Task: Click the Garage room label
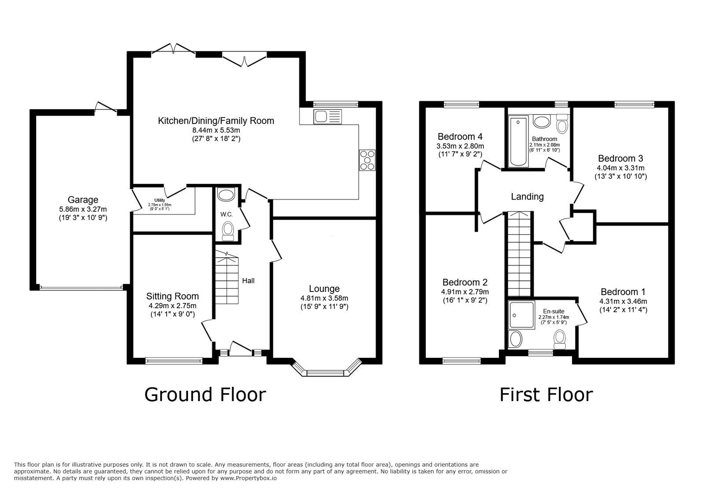click(83, 200)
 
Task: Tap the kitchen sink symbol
click(327, 117)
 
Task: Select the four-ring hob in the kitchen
click(367, 160)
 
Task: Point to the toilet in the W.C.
click(227, 232)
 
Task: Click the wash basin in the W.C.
click(226, 194)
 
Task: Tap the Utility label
click(160, 200)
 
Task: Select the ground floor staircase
click(227, 277)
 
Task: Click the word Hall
click(248, 281)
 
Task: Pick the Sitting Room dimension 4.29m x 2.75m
click(172, 306)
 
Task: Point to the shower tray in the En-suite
click(522, 315)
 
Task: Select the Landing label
click(528, 197)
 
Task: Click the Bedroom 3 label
click(620, 158)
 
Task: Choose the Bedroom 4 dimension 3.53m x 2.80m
click(460, 146)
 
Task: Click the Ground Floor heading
click(205, 395)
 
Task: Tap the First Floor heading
click(546, 395)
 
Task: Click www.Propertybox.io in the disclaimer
click(248, 478)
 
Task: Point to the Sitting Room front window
click(174, 361)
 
